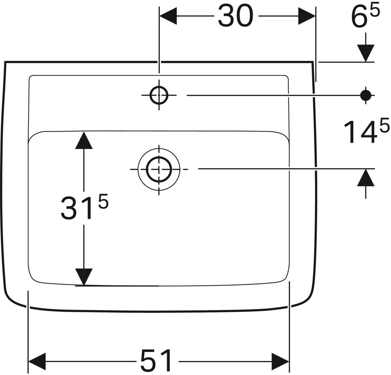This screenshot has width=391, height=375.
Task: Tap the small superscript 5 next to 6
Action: tap(375, 12)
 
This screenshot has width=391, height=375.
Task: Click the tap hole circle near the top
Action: tap(159, 95)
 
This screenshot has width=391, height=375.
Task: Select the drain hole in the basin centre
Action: tap(159, 169)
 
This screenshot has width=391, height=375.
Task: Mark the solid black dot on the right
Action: tap(366, 95)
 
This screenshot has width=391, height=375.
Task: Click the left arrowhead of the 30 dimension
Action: tap(168, 16)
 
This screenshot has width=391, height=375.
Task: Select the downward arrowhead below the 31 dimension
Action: tap(84, 277)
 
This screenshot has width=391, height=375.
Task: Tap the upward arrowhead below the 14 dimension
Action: tap(366, 178)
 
